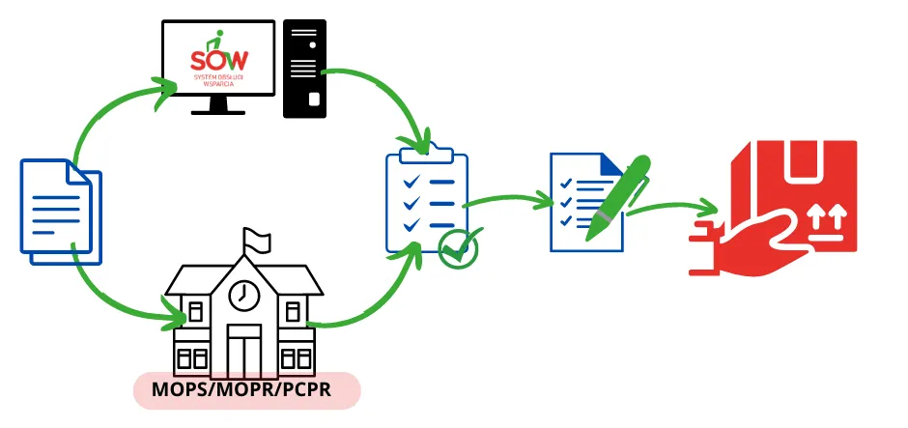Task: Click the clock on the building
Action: pos(245,295)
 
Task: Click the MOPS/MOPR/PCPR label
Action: pos(245,391)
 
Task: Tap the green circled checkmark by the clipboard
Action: pos(457,248)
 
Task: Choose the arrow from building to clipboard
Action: pos(372,300)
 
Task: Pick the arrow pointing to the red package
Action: pos(676,207)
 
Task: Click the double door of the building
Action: pos(243,348)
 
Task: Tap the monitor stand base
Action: pos(223,111)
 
